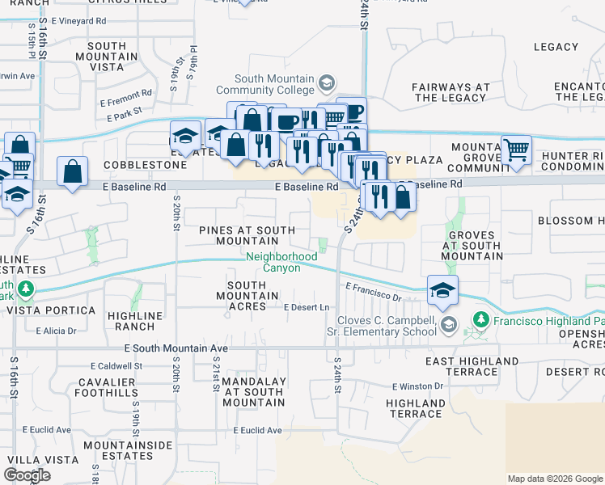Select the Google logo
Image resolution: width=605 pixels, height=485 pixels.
coord(27,475)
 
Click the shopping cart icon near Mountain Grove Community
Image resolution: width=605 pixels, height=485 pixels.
coord(516,150)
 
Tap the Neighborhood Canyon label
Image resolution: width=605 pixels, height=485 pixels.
coord(281,262)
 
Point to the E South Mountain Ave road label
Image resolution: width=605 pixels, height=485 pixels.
coord(176,348)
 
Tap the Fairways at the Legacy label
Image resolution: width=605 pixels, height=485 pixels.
coord(451,92)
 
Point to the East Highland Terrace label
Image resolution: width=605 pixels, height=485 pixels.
coord(472,366)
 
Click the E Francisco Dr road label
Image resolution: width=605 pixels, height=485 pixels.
coord(373,292)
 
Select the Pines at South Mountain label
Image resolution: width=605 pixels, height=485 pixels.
coord(247,235)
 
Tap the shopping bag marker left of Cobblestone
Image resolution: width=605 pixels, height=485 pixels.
coord(73,171)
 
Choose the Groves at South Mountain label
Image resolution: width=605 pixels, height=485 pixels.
coord(471,245)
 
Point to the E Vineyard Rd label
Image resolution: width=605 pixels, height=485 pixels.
coord(78,19)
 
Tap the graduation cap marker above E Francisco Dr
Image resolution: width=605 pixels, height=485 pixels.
coord(442,291)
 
